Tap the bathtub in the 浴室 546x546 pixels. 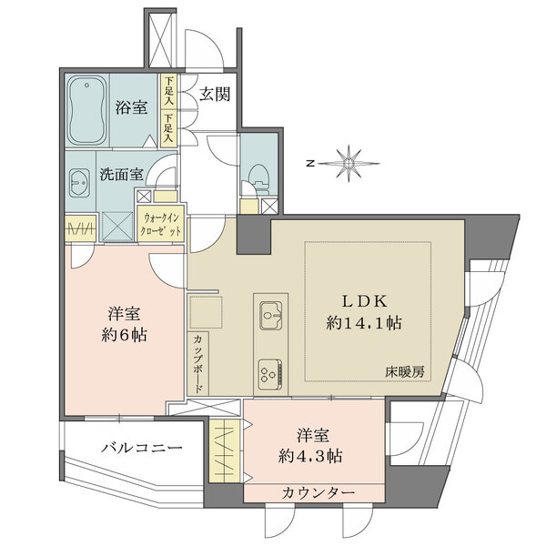tap(89, 108)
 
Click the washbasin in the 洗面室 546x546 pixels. tap(78, 179)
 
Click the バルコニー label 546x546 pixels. tap(140, 448)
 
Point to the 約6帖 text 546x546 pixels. tap(120, 334)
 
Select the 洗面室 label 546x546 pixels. tap(118, 176)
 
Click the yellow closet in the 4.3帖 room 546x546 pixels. tap(222, 450)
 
